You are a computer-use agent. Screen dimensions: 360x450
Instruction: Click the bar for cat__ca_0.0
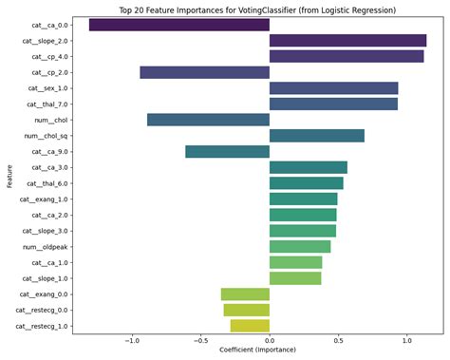tap(179, 25)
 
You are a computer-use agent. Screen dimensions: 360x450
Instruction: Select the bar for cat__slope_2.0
tap(347, 41)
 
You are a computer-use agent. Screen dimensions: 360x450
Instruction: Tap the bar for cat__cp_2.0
tap(204, 72)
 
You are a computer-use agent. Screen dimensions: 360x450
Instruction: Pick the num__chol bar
tap(208, 120)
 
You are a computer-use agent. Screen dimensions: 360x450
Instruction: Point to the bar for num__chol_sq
tap(317, 136)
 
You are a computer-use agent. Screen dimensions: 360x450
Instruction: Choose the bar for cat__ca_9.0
tap(227, 152)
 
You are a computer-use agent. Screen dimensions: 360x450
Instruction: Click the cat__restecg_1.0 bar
tap(250, 326)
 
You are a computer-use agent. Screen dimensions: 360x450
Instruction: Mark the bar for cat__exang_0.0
tap(245, 294)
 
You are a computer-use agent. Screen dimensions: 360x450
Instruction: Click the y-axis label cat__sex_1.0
tap(47, 88)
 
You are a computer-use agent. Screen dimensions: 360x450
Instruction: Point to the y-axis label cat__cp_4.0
tap(49, 57)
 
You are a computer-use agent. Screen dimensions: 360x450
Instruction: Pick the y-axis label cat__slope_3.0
tap(45, 231)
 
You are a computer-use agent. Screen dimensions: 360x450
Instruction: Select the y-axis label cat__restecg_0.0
tap(42, 310)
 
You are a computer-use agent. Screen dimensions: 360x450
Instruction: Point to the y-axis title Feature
tap(8, 176)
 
